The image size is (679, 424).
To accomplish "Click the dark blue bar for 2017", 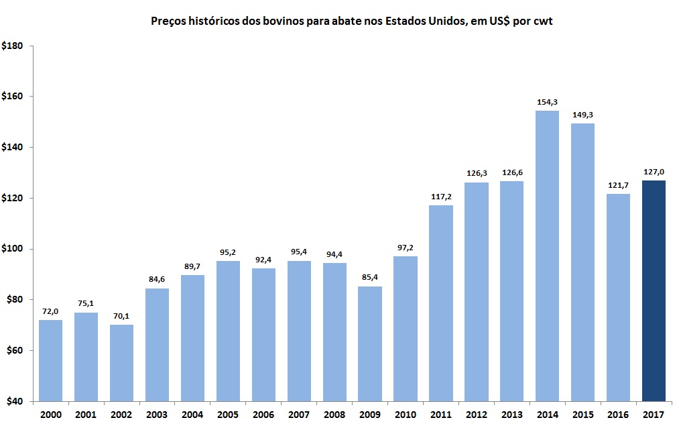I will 654,290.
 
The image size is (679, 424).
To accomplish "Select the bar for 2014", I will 547,256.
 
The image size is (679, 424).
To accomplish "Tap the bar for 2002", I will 121,362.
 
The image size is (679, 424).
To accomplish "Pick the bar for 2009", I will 370,343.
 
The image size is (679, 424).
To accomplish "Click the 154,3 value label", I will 547,102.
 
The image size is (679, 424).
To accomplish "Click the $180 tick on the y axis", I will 13,46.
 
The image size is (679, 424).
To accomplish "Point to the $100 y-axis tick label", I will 13,249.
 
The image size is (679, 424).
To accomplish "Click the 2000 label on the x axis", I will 50,415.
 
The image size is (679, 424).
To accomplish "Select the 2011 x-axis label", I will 441,415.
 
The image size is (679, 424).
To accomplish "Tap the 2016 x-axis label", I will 618,415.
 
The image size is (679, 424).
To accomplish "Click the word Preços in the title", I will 169,21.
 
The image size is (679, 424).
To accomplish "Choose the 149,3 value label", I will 582,115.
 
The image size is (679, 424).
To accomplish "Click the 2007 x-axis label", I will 299,415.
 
